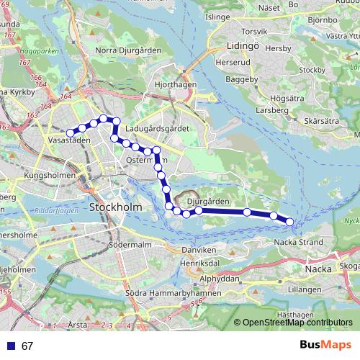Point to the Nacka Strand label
pos(297,242)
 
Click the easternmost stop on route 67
pos(290,222)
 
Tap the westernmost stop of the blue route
pos(71,132)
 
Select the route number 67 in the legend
pos(27,346)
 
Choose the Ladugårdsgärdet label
pos(156,127)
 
